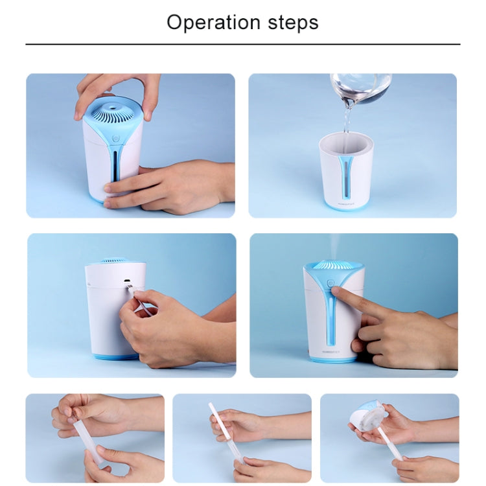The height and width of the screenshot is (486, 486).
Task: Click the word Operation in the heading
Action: click(x=213, y=23)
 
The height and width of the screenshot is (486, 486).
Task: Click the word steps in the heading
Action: click(x=293, y=23)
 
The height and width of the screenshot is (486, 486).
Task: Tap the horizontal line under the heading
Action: click(x=243, y=44)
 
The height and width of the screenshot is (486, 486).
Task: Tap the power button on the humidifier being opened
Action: click(x=115, y=138)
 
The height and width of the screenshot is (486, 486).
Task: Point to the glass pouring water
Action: click(x=361, y=87)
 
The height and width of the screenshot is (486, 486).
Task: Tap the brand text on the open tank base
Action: click(x=345, y=204)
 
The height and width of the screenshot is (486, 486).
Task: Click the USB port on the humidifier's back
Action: click(x=127, y=281)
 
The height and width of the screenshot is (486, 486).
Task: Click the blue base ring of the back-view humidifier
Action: click(x=116, y=357)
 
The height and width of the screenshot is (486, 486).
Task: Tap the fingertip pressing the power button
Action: click(x=335, y=290)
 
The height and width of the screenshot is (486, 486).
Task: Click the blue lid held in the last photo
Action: click(x=368, y=415)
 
